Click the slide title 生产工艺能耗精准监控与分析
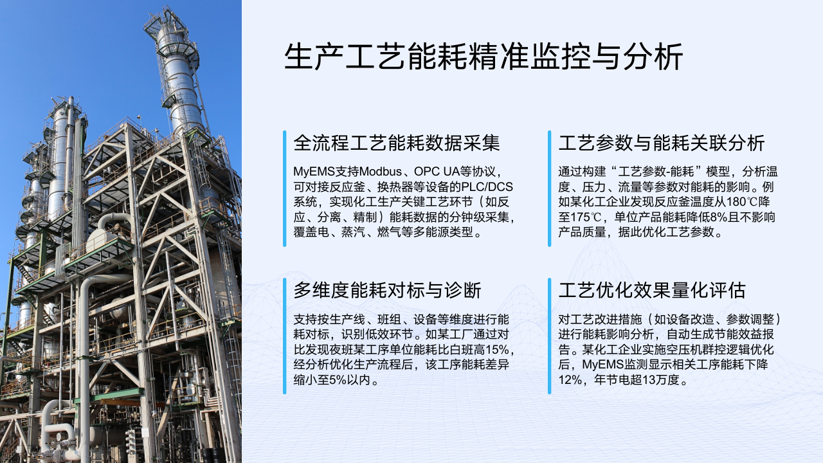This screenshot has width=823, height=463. tap(483, 57)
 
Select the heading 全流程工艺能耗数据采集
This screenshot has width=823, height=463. tap(397, 143)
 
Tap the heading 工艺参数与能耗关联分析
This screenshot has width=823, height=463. tap(662, 143)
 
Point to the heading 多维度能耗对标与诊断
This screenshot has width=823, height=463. tap(387, 290)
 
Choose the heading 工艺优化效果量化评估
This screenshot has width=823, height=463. tap(652, 290)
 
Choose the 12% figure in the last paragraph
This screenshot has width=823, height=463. tap(570, 379)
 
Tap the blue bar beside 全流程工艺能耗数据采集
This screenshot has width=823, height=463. tap(285, 188)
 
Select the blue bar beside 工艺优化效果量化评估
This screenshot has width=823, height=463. tap(550, 336)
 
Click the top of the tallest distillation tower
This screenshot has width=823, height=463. tap(166, 11)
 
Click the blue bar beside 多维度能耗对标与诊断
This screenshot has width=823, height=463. tap(285, 336)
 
